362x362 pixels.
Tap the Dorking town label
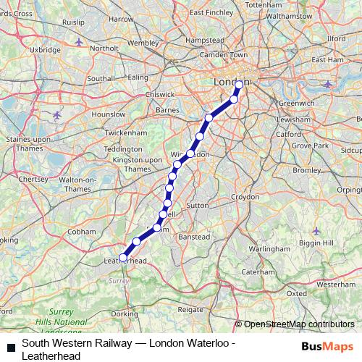pos(125,313)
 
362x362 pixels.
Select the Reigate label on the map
pos(190,309)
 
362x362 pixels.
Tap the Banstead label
pos(193,237)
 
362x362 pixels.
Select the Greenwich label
pos(296,104)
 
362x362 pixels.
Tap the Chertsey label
pos(33,177)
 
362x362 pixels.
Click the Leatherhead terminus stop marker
pos(123,256)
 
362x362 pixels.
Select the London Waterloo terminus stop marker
pos(239,85)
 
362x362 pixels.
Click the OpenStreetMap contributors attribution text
pos(298,324)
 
